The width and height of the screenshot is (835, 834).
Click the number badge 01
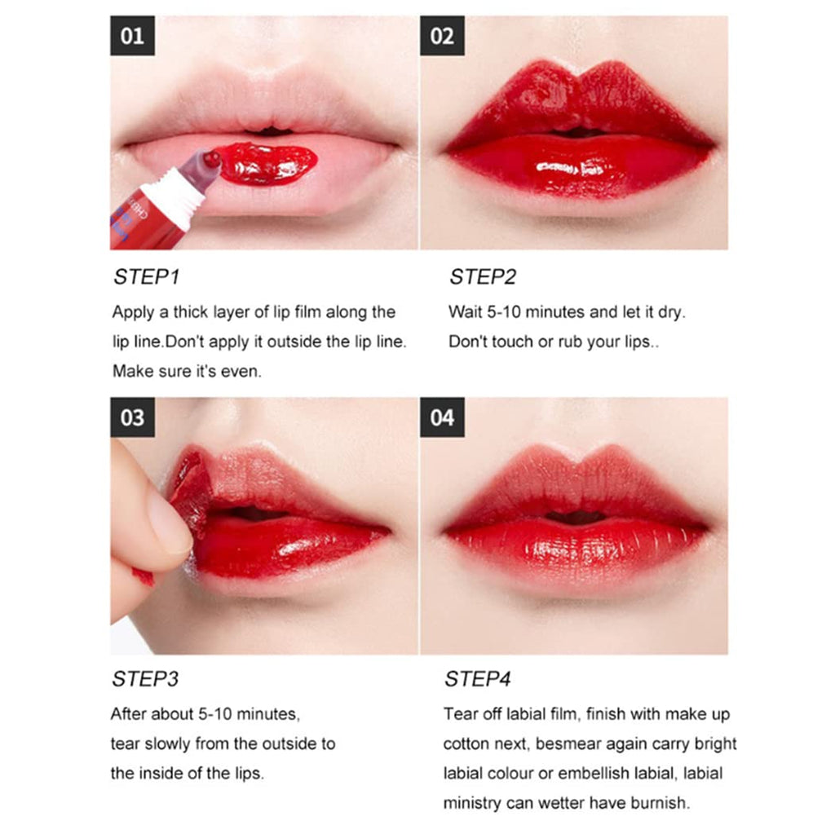132,36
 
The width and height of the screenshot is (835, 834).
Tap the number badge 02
442,36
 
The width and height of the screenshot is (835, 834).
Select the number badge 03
132,417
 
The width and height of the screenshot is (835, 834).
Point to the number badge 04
442,417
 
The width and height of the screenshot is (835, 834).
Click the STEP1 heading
146,277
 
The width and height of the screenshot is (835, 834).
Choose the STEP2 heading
483,277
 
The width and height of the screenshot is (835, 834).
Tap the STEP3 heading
146,679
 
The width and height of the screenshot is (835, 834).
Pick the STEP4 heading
478,679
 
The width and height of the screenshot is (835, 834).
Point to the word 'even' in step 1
243,371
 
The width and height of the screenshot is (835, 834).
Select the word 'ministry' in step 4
475,803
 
